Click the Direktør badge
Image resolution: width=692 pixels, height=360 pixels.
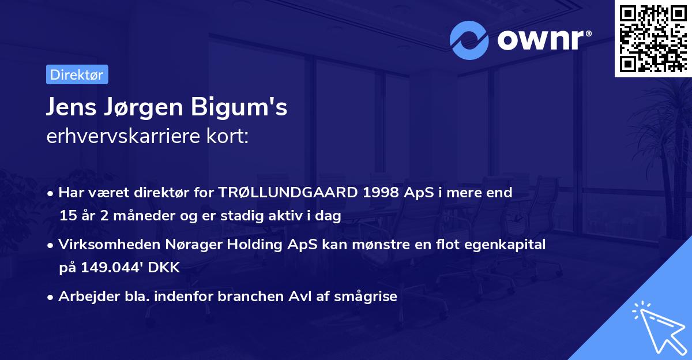pos(77,74)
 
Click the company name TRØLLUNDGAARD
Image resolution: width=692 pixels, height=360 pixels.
pos(289,193)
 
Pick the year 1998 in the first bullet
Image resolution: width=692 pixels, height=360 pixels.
pos(379,193)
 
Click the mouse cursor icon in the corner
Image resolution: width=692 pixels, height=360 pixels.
pos(657,326)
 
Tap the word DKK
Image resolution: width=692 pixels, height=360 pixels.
pos(165,268)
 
